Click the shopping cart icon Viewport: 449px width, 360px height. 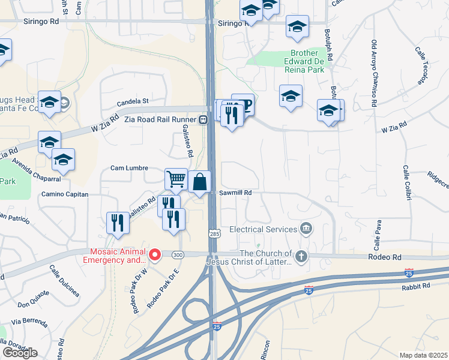point(176,178)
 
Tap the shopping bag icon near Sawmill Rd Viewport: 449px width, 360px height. point(200,181)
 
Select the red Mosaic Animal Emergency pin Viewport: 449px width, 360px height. point(154,256)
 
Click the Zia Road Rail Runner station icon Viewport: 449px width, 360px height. point(203,119)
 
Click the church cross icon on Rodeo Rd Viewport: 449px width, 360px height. point(301,257)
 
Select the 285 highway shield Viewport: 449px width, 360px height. point(214,232)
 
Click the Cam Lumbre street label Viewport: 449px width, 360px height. point(129,168)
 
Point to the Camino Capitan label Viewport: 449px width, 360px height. point(65,194)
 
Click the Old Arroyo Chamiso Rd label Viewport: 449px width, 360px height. point(373,73)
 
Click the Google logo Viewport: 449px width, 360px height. point(20,352)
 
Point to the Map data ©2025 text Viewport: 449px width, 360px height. point(423,355)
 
